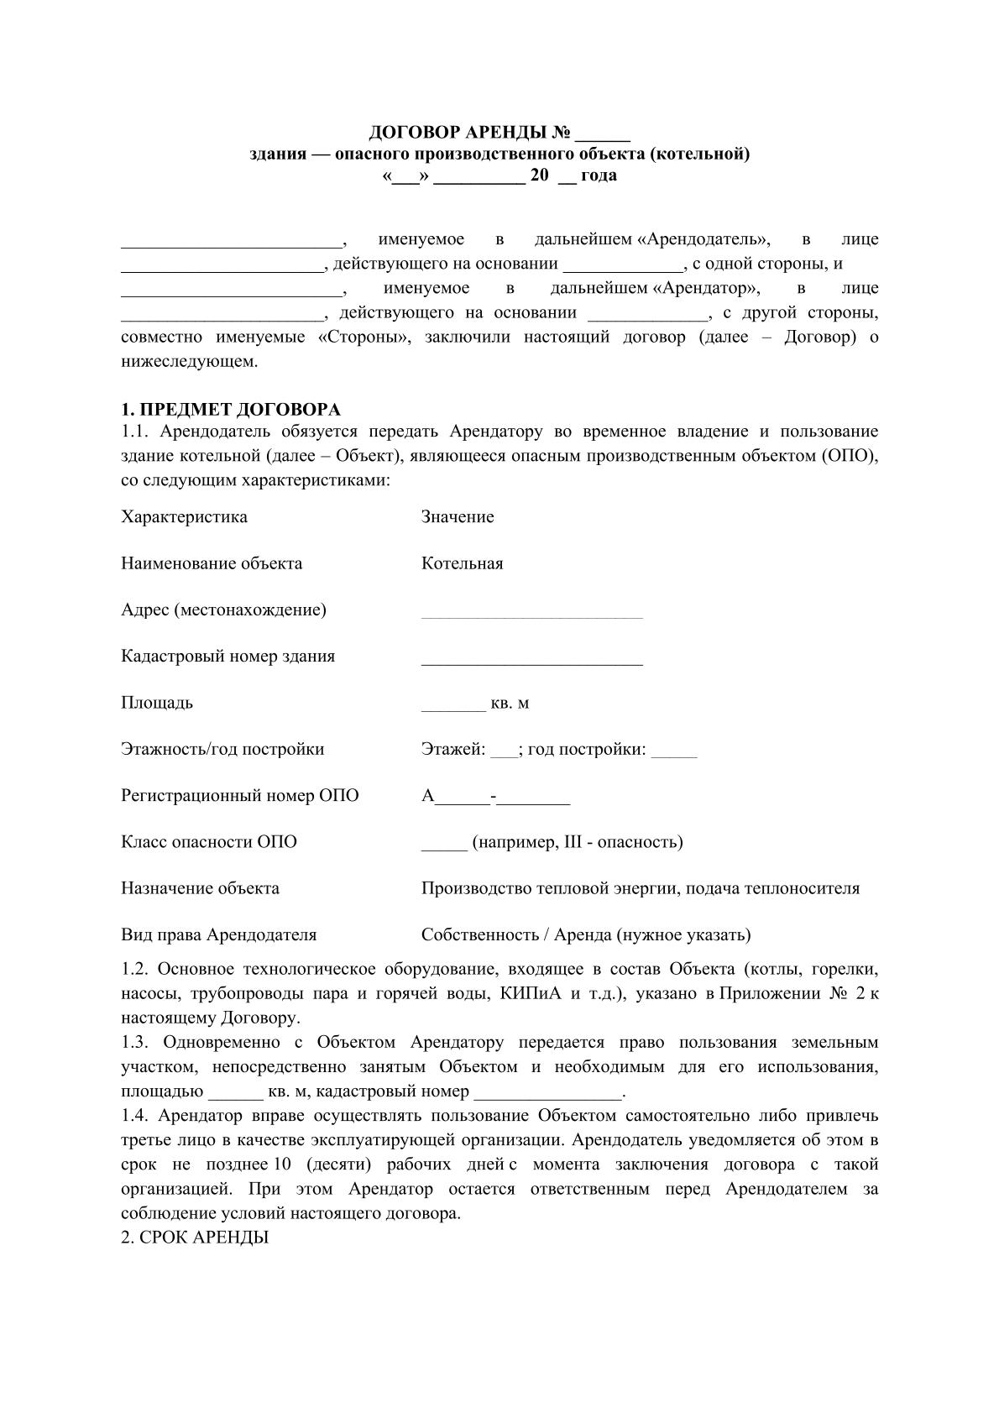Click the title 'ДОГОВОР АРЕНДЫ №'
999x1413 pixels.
[x=470, y=133]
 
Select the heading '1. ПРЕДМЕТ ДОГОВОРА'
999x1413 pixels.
[x=231, y=410]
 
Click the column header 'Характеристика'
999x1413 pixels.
[x=184, y=516]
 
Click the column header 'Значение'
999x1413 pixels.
[x=458, y=516]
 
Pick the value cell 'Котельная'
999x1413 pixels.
[x=462, y=563]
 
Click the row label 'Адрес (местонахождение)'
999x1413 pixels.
[x=223, y=610]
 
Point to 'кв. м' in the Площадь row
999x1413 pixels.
[x=510, y=703]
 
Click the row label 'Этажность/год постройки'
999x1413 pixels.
[x=222, y=749]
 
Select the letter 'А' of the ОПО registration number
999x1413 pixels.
[x=428, y=796]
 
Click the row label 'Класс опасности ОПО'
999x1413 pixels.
[x=209, y=842]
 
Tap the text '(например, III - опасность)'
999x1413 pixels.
[x=578, y=842]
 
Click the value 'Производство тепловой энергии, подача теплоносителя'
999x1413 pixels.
[x=640, y=888]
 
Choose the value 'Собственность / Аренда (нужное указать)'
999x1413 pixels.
[x=586, y=934]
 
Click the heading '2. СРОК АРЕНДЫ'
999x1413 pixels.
[x=195, y=1238]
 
